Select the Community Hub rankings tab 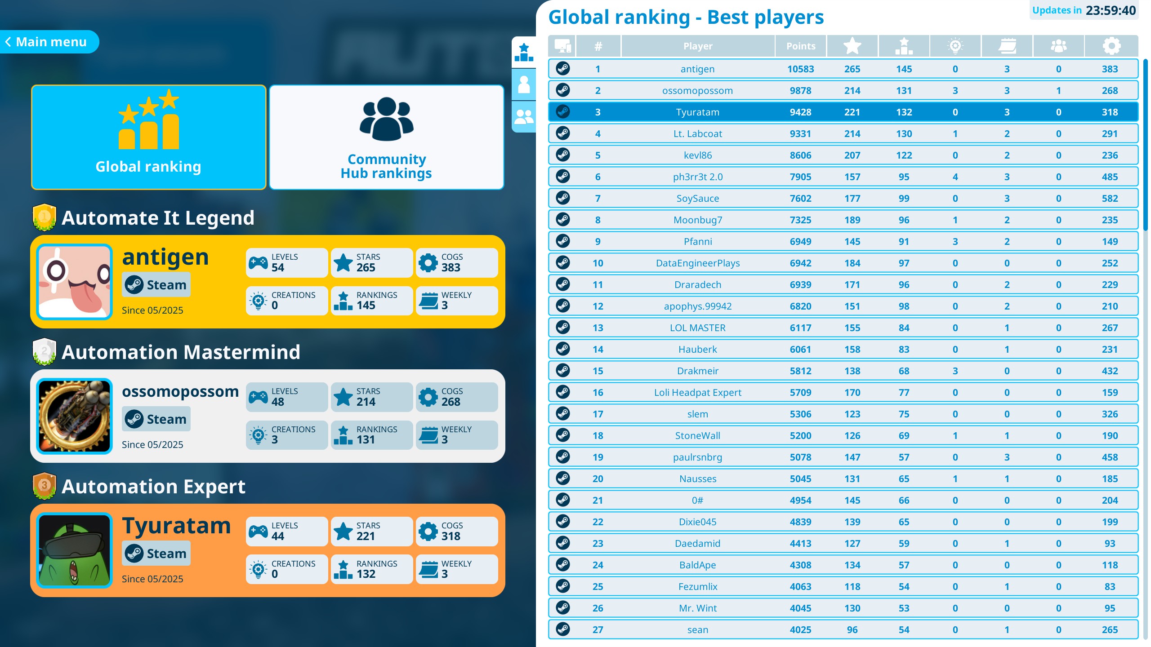tap(386, 137)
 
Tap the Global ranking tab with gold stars tap(148, 137)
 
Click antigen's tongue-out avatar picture tap(75, 282)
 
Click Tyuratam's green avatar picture tap(75, 550)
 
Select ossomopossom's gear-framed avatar tap(75, 416)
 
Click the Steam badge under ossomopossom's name tap(156, 419)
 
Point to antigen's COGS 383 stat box tap(456, 263)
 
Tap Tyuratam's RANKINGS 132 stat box tap(371, 569)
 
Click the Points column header tap(800, 46)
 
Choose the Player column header tap(697, 46)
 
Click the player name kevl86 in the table tap(697, 155)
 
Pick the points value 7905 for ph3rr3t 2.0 tap(800, 177)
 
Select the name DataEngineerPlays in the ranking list tap(697, 263)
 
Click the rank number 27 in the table tap(598, 630)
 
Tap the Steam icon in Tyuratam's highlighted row tap(562, 112)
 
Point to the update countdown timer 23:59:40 tap(1110, 10)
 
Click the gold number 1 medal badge tap(44, 217)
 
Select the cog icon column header tap(1111, 46)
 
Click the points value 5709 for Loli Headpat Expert tap(800, 393)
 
